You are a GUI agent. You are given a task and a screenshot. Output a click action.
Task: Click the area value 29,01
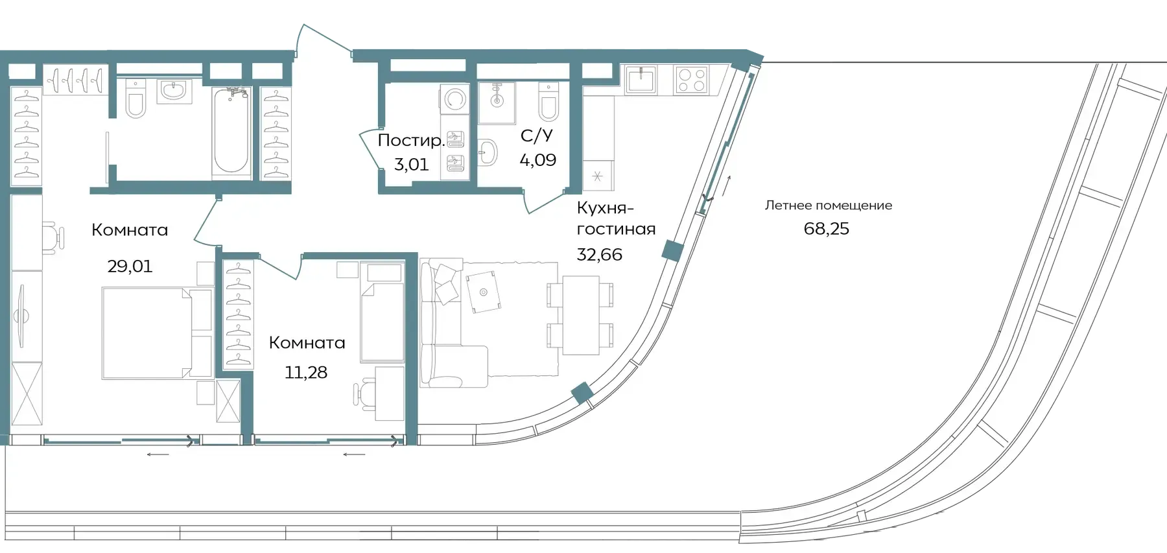(130, 266)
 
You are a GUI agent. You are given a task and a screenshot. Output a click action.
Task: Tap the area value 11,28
(306, 372)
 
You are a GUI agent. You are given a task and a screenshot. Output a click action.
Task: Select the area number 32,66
(600, 254)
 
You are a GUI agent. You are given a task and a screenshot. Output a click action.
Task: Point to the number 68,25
(827, 229)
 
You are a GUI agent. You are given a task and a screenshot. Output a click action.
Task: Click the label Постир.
(410, 141)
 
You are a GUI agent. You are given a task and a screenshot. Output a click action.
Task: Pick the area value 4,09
(538, 159)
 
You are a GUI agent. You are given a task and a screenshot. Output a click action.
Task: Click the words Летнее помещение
(829, 206)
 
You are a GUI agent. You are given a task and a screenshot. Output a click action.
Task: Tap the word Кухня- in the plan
(605, 208)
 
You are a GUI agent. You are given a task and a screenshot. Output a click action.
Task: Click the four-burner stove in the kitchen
(691, 80)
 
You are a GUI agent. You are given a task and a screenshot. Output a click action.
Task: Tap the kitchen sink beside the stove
(641, 80)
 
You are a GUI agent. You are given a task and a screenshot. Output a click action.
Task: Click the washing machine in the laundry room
(455, 100)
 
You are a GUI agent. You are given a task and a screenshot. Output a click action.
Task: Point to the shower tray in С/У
(497, 102)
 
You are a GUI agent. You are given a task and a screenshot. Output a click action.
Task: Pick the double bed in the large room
(158, 333)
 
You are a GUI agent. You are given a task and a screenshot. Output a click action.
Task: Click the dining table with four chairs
(580, 315)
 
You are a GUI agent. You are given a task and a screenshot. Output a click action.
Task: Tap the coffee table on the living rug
(483, 292)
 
